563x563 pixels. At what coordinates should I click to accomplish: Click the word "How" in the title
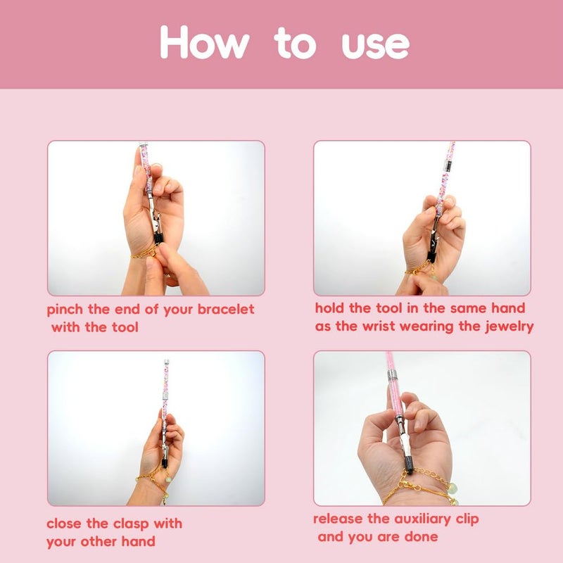point(204,42)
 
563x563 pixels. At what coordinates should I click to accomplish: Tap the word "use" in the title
point(375,46)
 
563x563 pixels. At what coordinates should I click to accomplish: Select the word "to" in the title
point(295,44)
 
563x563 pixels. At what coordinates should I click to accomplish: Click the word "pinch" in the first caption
point(65,310)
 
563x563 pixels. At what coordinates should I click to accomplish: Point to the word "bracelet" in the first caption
point(226,309)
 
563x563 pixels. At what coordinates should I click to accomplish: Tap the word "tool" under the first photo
point(125,327)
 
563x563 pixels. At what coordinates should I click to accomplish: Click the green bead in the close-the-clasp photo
point(168,479)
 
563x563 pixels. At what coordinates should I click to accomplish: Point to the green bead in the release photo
point(453,488)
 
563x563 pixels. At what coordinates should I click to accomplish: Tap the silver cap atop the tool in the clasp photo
point(166,363)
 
